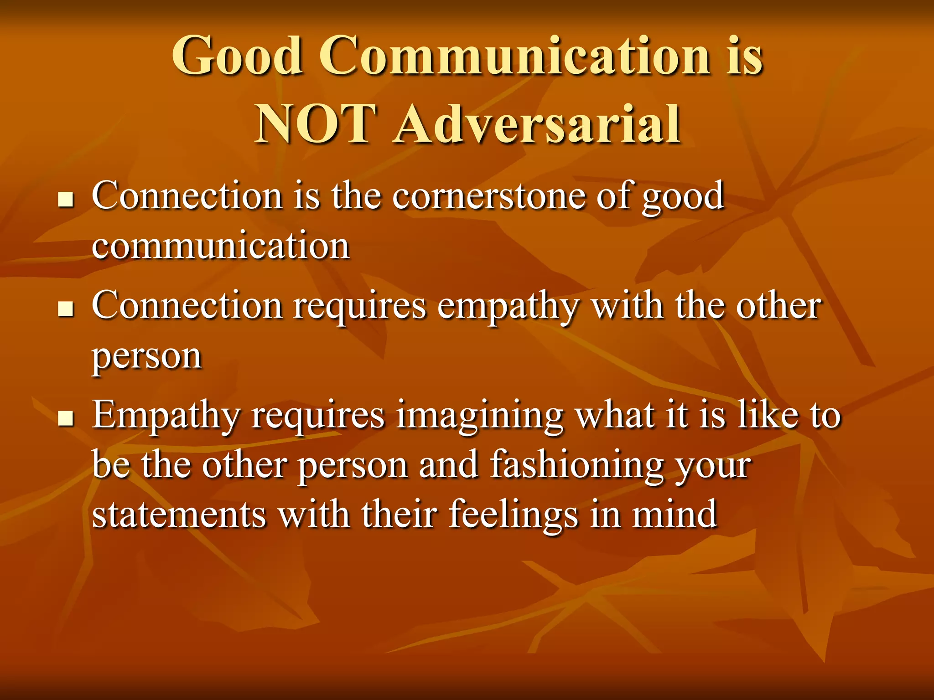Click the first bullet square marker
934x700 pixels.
[x=67, y=200]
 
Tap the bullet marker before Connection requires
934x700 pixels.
[x=67, y=309]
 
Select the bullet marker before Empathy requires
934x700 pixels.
[x=67, y=418]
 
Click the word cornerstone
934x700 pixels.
[x=488, y=196]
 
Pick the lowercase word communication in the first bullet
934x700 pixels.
[x=221, y=246]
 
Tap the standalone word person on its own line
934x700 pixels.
[x=147, y=357]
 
